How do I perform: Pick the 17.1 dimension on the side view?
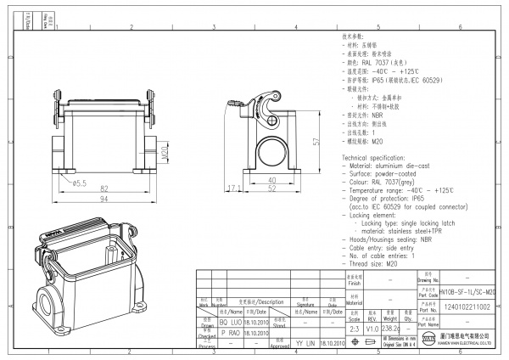(235, 188)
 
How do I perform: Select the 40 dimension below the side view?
(272, 181)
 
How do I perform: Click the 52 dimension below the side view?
(272, 188)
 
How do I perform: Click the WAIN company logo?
(429, 341)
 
